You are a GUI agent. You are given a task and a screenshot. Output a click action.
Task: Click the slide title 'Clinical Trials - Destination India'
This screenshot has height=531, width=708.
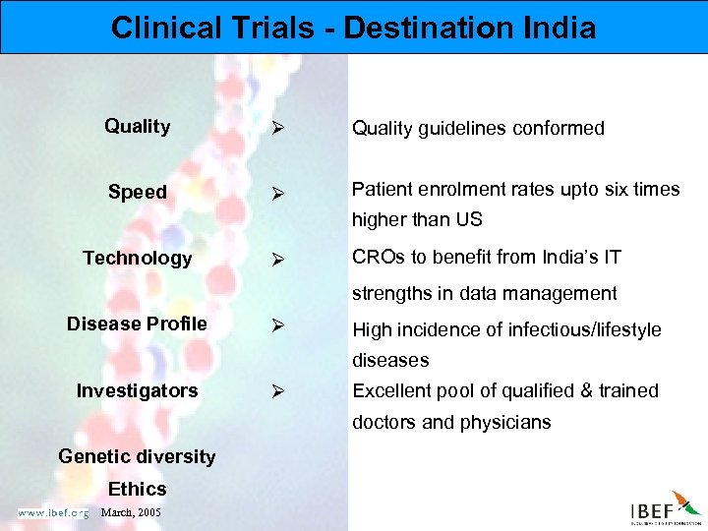pos(353,27)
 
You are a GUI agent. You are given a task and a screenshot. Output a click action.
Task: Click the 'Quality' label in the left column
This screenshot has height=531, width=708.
pos(138,126)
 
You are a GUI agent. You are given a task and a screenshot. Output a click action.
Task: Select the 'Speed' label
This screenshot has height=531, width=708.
pos(138,192)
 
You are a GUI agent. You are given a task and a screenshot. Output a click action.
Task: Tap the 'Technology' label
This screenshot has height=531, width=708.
pos(138,258)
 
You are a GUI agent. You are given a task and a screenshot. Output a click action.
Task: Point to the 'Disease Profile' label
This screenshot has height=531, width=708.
pos(137,324)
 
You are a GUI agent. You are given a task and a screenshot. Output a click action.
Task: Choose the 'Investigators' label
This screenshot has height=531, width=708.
pos(138,390)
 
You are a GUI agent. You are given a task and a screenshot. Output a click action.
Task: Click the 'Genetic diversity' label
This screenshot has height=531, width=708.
pos(137,456)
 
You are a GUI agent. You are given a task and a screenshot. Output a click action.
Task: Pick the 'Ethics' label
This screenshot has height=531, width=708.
pos(138,489)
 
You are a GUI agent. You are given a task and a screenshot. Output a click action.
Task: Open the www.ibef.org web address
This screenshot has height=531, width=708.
pos(52,512)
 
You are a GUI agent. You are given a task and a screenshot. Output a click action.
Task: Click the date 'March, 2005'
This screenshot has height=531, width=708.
pos(132,512)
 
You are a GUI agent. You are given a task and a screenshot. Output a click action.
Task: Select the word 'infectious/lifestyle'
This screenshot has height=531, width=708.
pos(584,329)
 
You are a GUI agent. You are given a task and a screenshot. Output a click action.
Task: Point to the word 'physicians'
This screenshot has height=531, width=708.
pos(503,423)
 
